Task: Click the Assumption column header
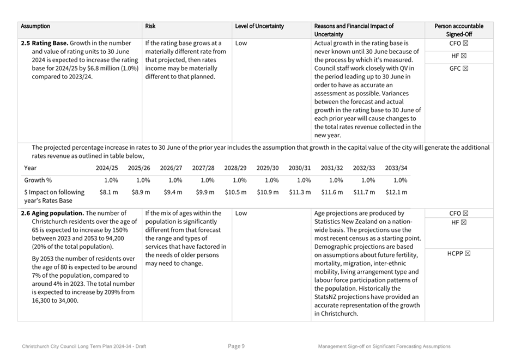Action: pyautogui.click(x=35, y=26)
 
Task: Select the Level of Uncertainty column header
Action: pyautogui.click(x=259, y=26)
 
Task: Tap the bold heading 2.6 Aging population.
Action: pyautogui.click(x=52, y=213)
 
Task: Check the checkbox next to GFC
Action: pyautogui.click(x=465, y=69)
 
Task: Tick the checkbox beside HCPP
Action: pyautogui.click(x=467, y=253)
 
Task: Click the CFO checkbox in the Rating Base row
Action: pyautogui.click(x=465, y=43)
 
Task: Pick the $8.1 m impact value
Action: pyautogui.click(x=108, y=192)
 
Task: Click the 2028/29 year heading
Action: pyautogui.click(x=235, y=168)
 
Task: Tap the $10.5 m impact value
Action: pyautogui.click(x=235, y=192)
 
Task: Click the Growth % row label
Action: pyautogui.click(x=38, y=180)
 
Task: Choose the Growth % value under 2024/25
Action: pyautogui.click(x=111, y=180)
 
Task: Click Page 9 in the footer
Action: pyautogui.click(x=236, y=346)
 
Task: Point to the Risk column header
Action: pyautogui.click(x=150, y=26)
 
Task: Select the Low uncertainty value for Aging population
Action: pyautogui.click(x=241, y=213)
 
